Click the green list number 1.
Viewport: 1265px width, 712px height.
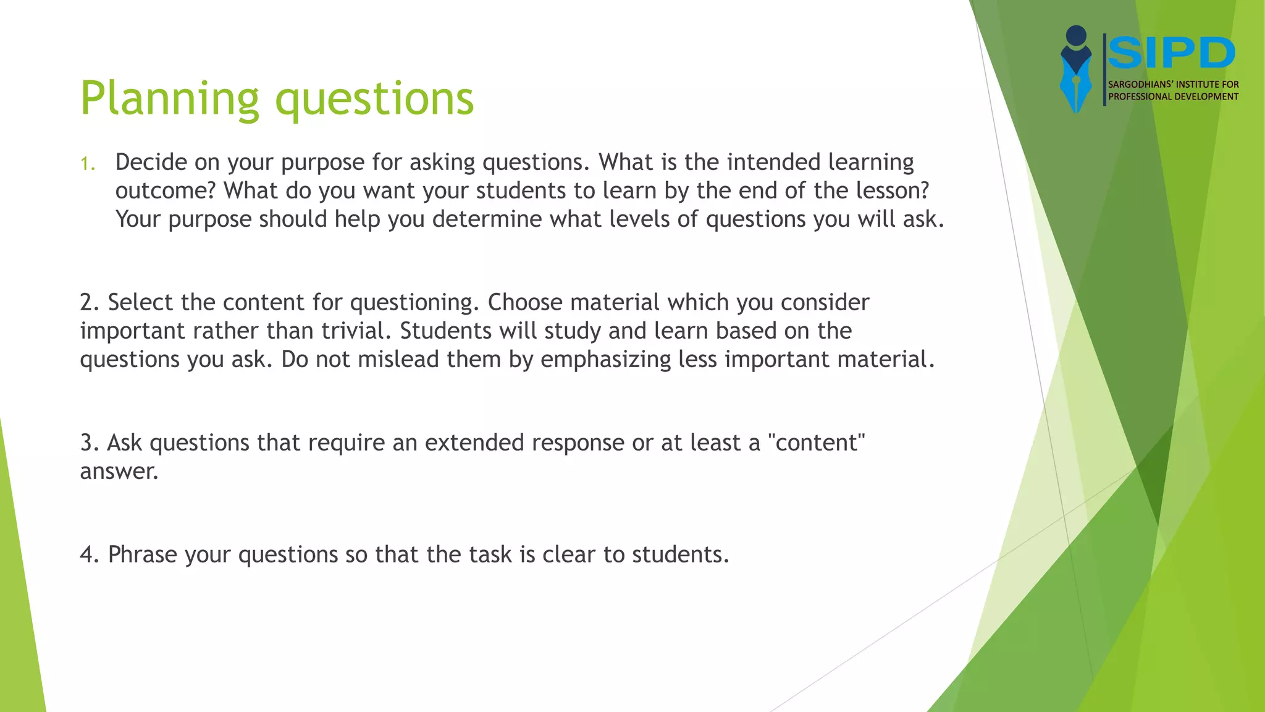pyautogui.click(x=87, y=164)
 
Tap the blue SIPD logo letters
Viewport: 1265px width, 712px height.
pyautogui.click(x=1171, y=54)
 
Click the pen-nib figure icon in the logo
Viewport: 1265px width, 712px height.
pyautogui.click(x=1076, y=69)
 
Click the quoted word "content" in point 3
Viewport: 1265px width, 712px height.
pyautogui.click(x=816, y=443)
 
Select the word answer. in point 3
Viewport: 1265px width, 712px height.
pyautogui.click(x=119, y=472)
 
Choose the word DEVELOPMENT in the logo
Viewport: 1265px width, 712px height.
pyautogui.click(x=1206, y=96)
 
